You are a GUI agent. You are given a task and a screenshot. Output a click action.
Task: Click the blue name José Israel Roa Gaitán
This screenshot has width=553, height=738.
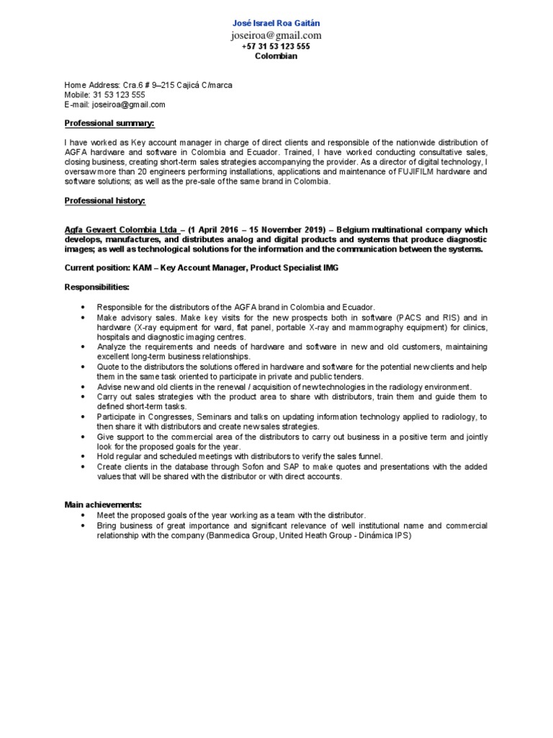[276, 23]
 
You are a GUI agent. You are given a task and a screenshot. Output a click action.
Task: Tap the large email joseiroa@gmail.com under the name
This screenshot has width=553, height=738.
[276, 35]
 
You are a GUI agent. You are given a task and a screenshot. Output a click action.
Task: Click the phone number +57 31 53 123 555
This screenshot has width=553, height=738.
[276, 46]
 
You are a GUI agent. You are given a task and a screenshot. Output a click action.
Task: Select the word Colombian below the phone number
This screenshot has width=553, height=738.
[276, 56]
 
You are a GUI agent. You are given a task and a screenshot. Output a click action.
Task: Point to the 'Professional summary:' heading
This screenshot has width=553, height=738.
[110, 123]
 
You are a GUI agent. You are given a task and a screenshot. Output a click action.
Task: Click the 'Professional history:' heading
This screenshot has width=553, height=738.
[105, 200]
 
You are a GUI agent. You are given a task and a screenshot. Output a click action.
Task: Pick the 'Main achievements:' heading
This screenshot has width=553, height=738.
[102, 504]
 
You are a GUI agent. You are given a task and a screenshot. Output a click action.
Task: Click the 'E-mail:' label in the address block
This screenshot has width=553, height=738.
[78, 105]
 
